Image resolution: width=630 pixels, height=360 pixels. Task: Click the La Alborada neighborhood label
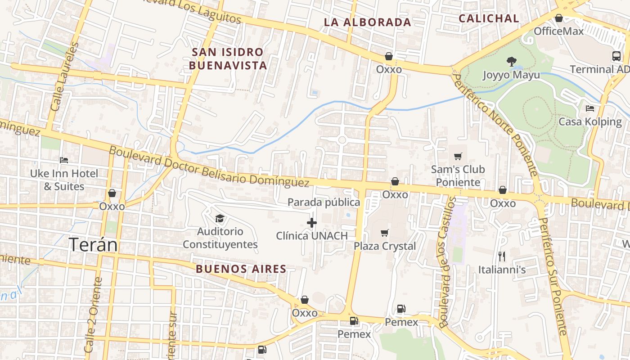pyautogui.click(x=367, y=22)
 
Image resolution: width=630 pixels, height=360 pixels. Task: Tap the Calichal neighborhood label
pyautogui.click(x=488, y=18)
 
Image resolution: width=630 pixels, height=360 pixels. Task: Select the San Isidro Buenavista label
pyautogui.click(x=228, y=58)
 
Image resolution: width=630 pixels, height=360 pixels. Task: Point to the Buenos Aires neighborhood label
pyautogui.click(x=241, y=269)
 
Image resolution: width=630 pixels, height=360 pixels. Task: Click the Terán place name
pyautogui.click(x=93, y=245)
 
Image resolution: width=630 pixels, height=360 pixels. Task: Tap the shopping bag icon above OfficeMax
pyautogui.click(x=558, y=18)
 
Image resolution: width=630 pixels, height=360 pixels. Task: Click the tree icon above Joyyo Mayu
pyautogui.click(x=511, y=62)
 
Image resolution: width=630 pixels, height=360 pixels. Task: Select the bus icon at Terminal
pyautogui.click(x=616, y=56)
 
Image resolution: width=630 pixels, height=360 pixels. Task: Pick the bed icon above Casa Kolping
pyautogui.click(x=589, y=108)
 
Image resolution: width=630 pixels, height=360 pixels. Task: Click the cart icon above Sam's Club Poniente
pyautogui.click(x=458, y=156)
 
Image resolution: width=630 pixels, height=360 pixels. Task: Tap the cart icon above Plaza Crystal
pyautogui.click(x=384, y=233)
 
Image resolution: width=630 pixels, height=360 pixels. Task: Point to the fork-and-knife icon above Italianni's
pyautogui.click(x=502, y=256)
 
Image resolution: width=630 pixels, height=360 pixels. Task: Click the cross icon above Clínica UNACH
pyautogui.click(x=311, y=223)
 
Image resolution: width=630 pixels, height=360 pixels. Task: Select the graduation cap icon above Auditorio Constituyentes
pyautogui.click(x=220, y=219)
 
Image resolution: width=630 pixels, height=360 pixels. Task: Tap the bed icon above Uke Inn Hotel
pyautogui.click(x=64, y=160)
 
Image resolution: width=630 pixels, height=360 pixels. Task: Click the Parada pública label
pyautogui.click(x=324, y=202)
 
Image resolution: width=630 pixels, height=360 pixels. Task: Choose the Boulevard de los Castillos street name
pyautogui.click(x=447, y=261)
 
